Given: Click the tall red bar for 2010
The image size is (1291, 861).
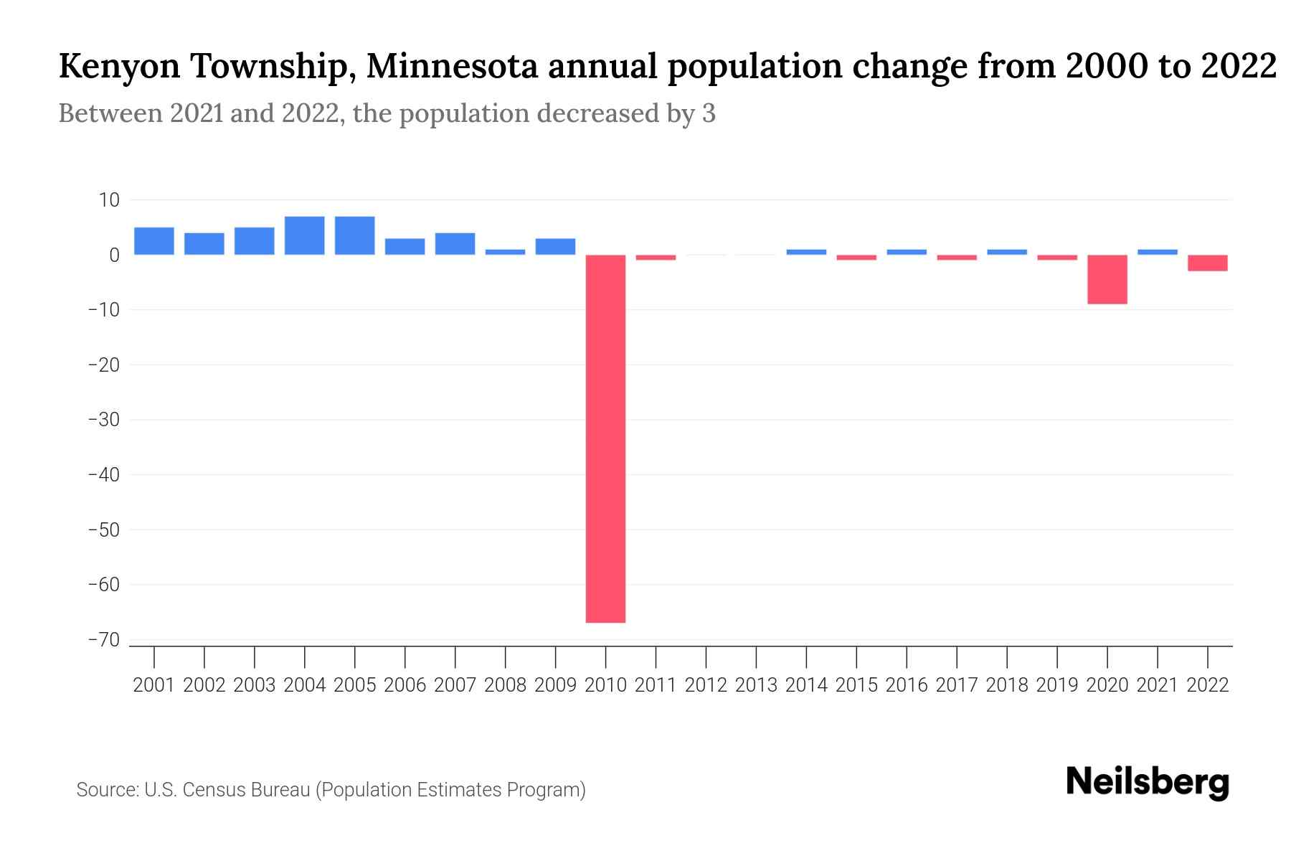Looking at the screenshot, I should pyautogui.click(x=605, y=438).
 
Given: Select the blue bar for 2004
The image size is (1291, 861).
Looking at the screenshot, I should pyautogui.click(x=304, y=235).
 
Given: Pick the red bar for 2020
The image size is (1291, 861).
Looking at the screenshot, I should pyautogui.click(x=1107, y=279).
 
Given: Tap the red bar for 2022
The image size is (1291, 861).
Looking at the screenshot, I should pyautogui.click(x=1207, y=263).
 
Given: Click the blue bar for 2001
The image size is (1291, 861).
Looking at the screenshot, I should pyautogui.click(x=153, y=241).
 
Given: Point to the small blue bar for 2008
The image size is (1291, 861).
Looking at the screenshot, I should pyautogui.click(x=505, y=252).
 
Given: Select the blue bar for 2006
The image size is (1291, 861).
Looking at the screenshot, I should pyautogui.click(x=405, y=246).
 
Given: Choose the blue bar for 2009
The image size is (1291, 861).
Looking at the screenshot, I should pyautogui.click(x=555, y=246).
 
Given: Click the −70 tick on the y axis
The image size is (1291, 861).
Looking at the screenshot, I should pyautogui.click(x=103, y=640).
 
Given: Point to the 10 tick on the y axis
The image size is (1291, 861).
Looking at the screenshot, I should pyautogui.click(x=109, y=200).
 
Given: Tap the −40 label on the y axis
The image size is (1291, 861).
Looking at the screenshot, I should pyautogui.click(x=103, y=475).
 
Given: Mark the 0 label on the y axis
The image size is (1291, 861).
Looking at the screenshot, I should pyautogui.click(x=114, y=255).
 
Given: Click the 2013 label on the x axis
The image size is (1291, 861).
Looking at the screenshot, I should pyautogui.click(x=756, y=685).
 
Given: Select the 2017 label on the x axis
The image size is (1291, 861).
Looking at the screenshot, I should pyautogui.click(x=956, y=685).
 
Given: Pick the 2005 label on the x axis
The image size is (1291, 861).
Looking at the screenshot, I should pyautogui.click(x=354, y=685).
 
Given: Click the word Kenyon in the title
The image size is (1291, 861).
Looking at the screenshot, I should pyautogui.click(x=119, y=67).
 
